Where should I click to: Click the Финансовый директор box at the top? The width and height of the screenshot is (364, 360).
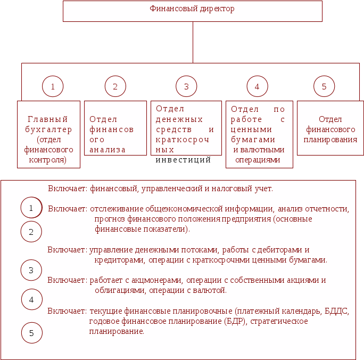[x=193, y=11]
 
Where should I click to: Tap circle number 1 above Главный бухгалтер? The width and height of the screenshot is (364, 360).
[x=53, y=86]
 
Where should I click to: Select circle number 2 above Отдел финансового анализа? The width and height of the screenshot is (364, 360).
[x=115, y=86]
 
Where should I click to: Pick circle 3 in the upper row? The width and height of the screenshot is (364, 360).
[x=186, y=86]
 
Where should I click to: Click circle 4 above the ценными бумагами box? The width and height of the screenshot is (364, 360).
[x=257, y=86]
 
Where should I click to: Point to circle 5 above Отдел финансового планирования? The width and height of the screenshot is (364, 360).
[x=324, y=86]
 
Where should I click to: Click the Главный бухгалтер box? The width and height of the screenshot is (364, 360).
[x=48, y=134]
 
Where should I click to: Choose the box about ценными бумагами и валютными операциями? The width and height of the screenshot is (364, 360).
[x=259, y=134]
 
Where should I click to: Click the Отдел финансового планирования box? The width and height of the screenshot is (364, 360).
[x=330, y=128]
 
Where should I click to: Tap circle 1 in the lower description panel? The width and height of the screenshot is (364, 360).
[x=31, y=208]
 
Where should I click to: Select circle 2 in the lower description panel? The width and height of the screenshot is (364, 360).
[x=31, y=232]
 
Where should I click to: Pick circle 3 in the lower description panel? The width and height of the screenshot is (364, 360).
[x=31, y=270]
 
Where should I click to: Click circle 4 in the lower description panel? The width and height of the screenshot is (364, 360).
[x=31, y=299]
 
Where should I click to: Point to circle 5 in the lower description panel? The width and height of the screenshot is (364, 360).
[x=31, y=333]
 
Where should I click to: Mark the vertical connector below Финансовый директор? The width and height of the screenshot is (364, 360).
[x=193, y=43]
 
